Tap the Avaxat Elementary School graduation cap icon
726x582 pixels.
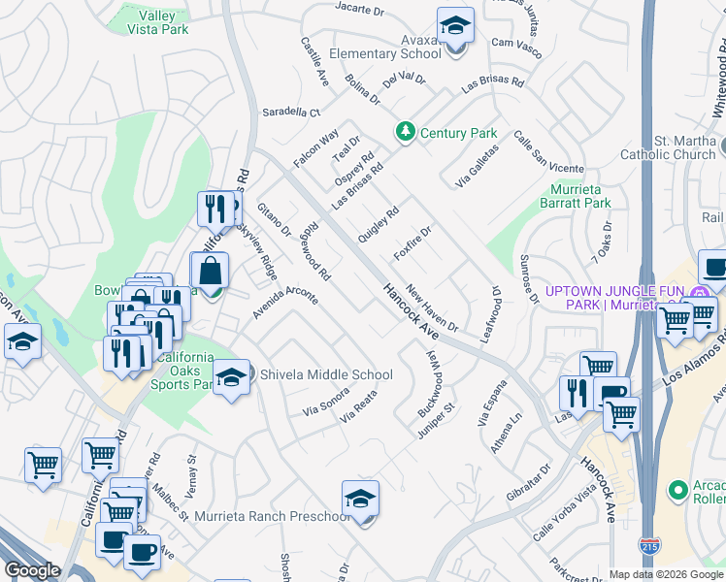[455, 26]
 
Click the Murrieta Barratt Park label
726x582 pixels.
[576, 196]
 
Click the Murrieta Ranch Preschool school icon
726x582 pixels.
[360, 499]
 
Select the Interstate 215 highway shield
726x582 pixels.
[648, 545]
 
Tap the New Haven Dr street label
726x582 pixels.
[432, 307]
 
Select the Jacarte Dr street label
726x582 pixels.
[361, 8]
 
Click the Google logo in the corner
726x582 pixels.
[32, 570]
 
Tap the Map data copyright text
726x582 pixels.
[666, 574]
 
